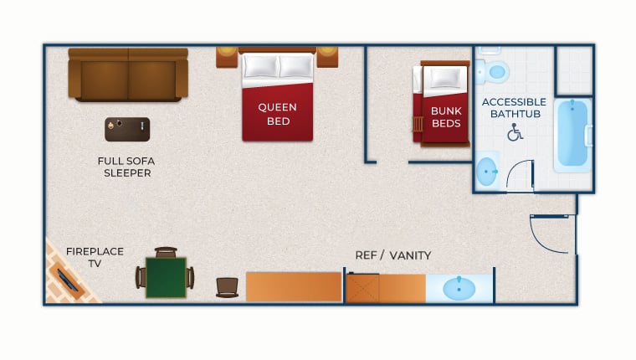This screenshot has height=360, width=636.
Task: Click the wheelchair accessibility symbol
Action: tap(515, 132)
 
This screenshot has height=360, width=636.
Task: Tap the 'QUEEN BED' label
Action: tap(278, 114)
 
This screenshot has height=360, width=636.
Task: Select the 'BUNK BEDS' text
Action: tap(446, 117)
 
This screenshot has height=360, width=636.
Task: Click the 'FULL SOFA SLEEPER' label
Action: tap(126, 167)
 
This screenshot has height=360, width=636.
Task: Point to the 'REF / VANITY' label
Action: tap(393, 255)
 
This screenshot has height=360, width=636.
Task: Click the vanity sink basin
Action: tap(459, 289)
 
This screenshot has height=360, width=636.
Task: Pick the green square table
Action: tap(166, 278)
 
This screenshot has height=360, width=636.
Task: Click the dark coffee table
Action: tap(127, 130)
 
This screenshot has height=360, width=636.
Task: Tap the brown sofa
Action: tap(128, 75)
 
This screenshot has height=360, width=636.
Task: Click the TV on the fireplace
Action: tap(68, 280)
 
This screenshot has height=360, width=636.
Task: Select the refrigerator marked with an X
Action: tap(362, 288)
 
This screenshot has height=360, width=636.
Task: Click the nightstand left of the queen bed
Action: tap(227, 57)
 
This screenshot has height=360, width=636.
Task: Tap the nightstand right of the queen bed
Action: tap(327, 57)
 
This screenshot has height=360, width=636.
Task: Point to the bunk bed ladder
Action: tap(418, 125)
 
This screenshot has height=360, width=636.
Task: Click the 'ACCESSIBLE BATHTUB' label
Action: tap(515, 108)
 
